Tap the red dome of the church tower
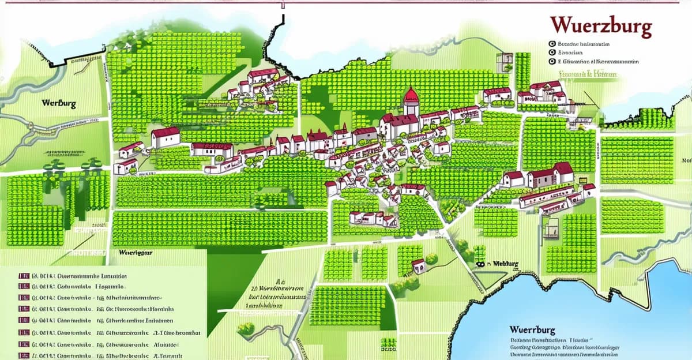tap(411, 95)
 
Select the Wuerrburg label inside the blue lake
tap(532, 330)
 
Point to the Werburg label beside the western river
tap(59, 104)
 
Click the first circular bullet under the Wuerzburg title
tap(552, 44)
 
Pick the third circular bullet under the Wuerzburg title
tap(552, 61)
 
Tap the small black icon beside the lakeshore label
tap(479, 264)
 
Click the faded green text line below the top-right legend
tap(588, 74)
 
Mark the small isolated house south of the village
tap(419, 266)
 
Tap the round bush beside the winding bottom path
tap(246, 329)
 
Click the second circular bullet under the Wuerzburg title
tap(552, 52)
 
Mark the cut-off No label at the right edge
tap(686, 160)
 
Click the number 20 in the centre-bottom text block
tap(254, 286)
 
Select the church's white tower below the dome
tap(411, 108)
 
